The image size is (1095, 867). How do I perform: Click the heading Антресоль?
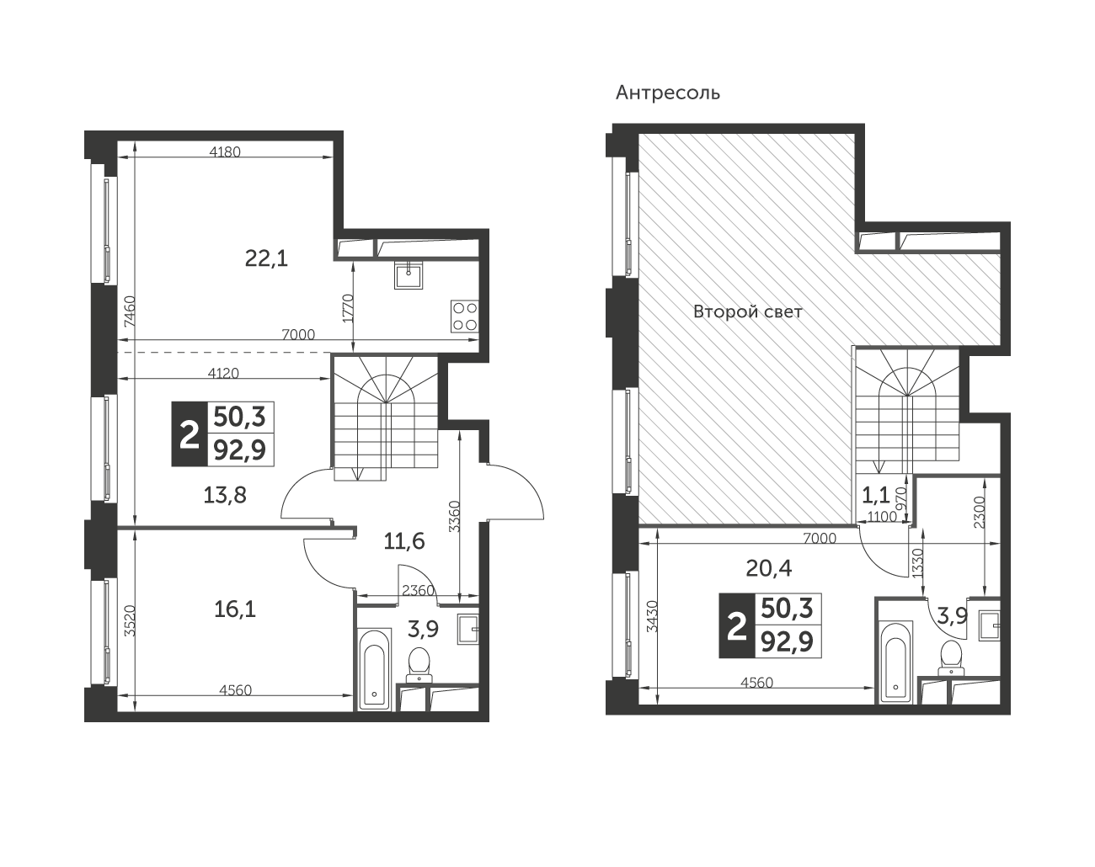click(668, 93)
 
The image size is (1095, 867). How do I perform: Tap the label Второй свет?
click(747, 311)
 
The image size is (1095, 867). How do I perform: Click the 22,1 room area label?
click(266, 259)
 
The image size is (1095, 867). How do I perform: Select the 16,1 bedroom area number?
click(234, 609)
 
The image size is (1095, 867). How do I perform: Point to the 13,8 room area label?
click(225, 495)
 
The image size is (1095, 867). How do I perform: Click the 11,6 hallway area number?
click(404, 541)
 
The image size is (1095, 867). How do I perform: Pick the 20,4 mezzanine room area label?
click(769, 568)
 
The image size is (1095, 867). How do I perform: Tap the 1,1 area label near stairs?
click(876, 494)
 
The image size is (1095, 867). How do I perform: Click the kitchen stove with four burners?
click(465, 316)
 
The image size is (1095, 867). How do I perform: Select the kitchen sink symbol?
click(409, 275)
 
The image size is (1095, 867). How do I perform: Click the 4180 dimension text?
click(225, 152)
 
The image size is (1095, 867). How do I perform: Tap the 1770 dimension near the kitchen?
click(348, 307)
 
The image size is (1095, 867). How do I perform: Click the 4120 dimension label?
click(223, 373)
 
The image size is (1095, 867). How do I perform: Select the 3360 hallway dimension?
click(454, 517)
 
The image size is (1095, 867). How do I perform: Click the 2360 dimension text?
click(418, 590)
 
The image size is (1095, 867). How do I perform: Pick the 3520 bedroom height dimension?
click(130, 620)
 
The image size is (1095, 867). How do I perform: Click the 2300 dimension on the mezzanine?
click(980, 512)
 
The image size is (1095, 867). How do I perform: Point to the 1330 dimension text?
click(917, 562)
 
